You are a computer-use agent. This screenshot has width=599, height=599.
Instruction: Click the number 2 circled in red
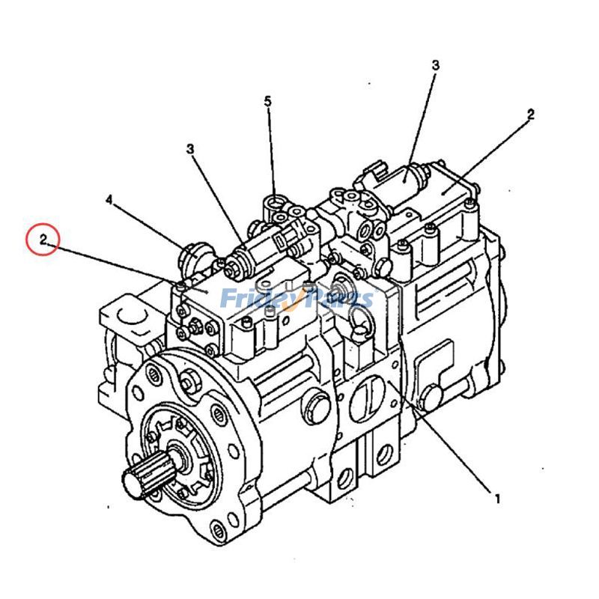click(43, 240)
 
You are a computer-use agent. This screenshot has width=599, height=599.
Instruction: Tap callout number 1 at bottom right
click(496, 497)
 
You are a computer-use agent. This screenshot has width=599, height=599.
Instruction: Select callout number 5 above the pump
click(267, 100)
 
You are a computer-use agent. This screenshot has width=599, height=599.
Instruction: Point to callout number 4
click(109, 200)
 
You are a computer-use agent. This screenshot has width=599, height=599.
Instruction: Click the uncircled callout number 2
click(530, 115)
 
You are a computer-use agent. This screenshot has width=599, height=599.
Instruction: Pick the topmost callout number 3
click(435, 65)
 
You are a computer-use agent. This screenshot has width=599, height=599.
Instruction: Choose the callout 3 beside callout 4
click(190, 149)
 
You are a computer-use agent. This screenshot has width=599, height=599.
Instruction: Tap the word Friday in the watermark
click(250, 299)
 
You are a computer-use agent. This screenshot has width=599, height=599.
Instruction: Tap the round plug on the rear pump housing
click(432, 396)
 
